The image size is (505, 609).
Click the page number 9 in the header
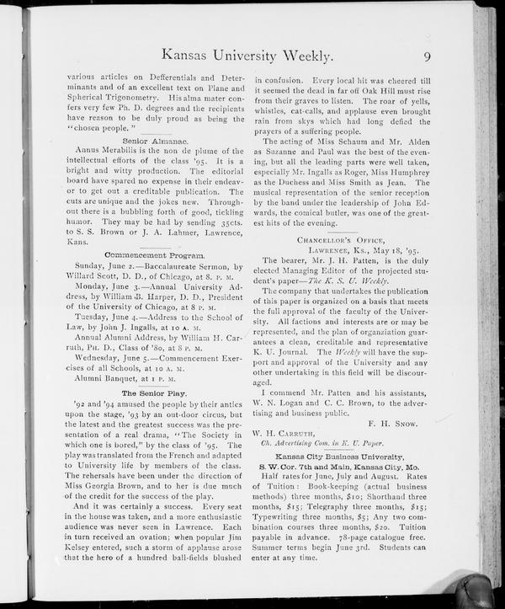(428, 57)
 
